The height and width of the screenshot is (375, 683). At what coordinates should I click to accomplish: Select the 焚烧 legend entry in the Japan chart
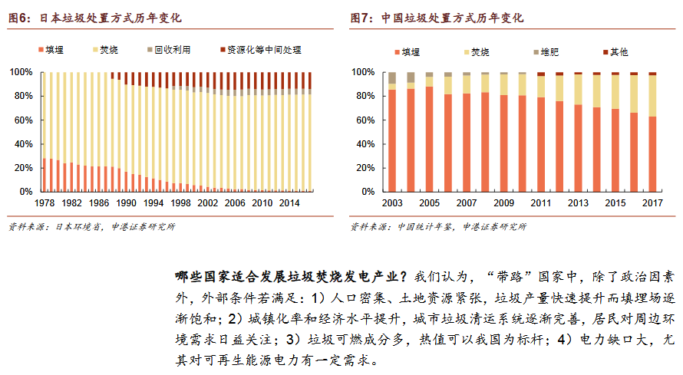click(107, 50)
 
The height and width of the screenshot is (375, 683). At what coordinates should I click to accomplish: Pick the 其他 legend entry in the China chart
click(618, 52)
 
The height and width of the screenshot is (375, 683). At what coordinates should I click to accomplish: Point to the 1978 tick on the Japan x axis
click(44, 202)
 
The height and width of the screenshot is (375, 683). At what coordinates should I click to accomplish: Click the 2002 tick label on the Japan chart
click(207, 202)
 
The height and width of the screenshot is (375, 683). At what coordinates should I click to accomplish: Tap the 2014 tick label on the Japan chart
click(289, 202)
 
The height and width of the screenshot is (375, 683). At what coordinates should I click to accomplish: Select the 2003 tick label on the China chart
click(391, 202)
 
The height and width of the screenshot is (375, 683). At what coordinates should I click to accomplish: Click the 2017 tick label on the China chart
click(652, 202)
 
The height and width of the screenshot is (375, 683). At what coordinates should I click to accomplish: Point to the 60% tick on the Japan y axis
click(21, 120)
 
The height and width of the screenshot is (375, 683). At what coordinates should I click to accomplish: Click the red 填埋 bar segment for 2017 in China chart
click(652, 153)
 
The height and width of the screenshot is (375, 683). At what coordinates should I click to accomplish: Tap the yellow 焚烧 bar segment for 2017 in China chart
click(652, 96)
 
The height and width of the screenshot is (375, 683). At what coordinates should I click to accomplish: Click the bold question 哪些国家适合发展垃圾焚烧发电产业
click(292, 275)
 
